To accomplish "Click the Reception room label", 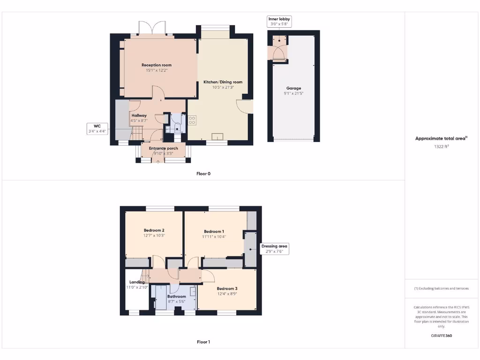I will (x=157, y=65).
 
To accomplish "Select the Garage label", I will (x=294, y=88).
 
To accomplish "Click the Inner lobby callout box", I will (x=279, y=21).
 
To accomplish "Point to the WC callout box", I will (x=97, y=129).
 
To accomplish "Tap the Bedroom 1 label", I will (x=214, y=232).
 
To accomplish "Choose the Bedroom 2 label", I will (x=154, y=230).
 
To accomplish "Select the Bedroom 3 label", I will (x=227, y=288).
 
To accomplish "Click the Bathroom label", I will (x=177, y=296).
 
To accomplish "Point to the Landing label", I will (x=137, y=282).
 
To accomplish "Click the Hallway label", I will (x=139, y=115).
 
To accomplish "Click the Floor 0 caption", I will (x=203, y=173).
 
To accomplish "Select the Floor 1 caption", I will (x=203, y=342).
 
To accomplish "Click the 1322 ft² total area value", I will (x=441, y=147).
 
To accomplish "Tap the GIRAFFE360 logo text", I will (x=441, y=336).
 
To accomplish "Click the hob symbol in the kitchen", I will (x=192, y=120).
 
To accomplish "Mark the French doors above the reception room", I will (x=152, y=28).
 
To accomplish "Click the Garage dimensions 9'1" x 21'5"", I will (x=294, y=94).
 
